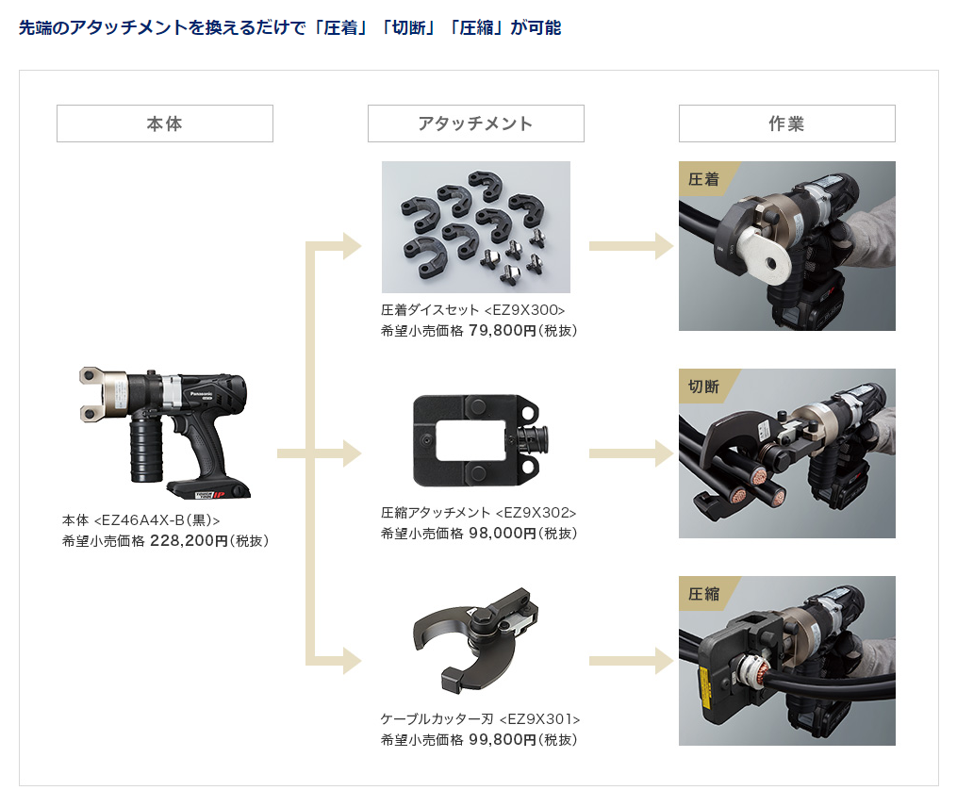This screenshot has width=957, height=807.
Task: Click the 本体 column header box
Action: tap(165, 124)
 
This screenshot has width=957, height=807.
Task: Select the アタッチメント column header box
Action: tap(475, 124)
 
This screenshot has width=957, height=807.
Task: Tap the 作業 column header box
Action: tap(786, 124)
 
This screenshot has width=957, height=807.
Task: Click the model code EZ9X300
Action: tap(524, 310)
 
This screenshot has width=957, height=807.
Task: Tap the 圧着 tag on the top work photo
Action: tap(704, 179)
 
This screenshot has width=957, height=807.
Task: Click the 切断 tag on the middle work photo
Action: tap(704, 387)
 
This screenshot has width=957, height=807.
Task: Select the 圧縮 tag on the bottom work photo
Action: tap(704, 594)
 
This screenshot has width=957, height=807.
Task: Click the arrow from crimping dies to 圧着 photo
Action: tap(630, 247)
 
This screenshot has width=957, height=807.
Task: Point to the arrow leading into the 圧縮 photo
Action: tap(630, 661)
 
